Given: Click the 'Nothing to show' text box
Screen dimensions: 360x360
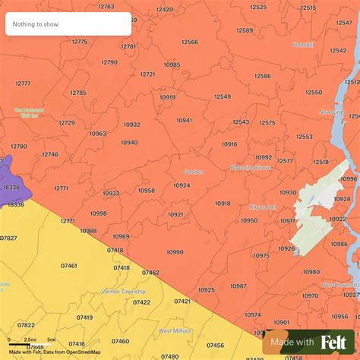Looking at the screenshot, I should pyautogui.click(x=68, y=24).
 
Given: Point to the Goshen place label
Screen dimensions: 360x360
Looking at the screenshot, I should pyautogui.click(x=194, y=172).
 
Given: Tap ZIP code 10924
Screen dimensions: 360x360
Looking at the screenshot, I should pyautogui.click(x=182, y=185).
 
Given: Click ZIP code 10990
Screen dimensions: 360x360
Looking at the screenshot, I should pyautogui.click(x=175, y=252).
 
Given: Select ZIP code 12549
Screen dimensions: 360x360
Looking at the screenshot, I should pyautogui.click(x=223, y=96).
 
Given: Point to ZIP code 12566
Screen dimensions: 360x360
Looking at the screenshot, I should pyautogui.click(x=190, y=42).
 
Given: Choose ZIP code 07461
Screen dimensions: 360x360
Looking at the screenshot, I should pyautogui.click(x=68, y=266).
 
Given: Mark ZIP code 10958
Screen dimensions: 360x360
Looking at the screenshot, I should pyautogui.click(x=146, y=191).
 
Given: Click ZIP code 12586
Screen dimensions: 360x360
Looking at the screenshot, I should pyautogui.click(x=263, y=76).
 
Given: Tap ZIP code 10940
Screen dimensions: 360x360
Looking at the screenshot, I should pyautogui.click(x=129, y=142).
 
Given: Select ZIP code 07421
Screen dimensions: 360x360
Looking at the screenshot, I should pyautogui.click(x=182, y=301).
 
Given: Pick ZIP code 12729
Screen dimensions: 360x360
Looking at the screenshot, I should pyautogui.click(x=67, y=122).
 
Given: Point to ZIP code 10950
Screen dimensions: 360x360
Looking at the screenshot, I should pyautogui.click(x=249, y=220).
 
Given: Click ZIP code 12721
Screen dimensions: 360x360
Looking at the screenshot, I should pyautogui.click(x=147, y=74).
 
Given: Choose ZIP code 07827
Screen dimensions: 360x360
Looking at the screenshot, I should pyautogui.click(x=8, y=238).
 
